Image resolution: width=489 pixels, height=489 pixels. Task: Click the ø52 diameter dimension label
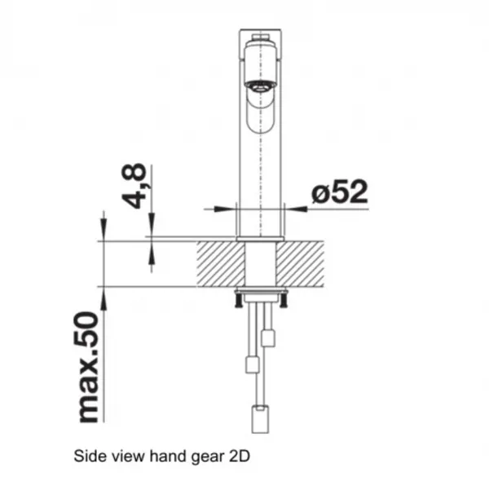[340, 192]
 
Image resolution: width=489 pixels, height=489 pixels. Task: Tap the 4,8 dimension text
[134, 186]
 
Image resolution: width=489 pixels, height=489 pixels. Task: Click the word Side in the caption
[84, 456]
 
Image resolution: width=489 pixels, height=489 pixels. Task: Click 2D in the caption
[240, 456]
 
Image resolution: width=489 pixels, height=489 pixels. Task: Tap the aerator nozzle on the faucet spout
[260, 84]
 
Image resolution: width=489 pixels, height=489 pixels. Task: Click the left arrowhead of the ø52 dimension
[225, 209]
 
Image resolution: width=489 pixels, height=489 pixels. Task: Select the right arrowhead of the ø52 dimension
[296, 209]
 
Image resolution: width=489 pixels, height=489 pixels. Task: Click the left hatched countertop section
[221, 264]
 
